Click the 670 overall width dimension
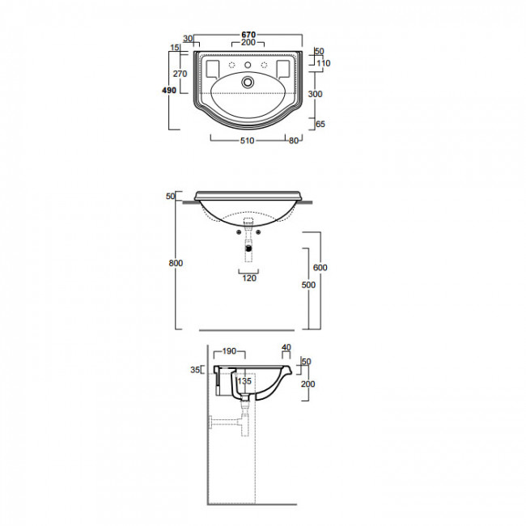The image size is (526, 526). point(248,35)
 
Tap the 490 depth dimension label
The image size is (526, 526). point(169,91)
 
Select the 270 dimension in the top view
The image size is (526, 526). point(180,74)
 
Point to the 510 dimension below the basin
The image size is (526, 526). point(248,141)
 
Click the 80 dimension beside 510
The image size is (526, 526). point(294,141)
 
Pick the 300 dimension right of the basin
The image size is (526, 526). point(316,94)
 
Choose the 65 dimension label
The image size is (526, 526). point(320,124)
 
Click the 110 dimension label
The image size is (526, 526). point(324,63)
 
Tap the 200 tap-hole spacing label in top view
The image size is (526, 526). point(248,43)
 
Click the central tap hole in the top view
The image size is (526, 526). point(248,65)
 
